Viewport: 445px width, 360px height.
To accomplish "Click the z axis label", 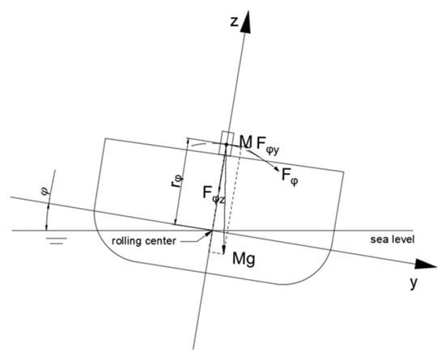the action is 234,22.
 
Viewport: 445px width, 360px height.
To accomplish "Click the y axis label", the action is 414,283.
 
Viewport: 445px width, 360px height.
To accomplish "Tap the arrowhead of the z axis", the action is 247,23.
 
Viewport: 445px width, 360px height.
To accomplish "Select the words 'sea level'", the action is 392,239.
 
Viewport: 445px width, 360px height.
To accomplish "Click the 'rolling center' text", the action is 144,241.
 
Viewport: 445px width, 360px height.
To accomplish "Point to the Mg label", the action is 244,259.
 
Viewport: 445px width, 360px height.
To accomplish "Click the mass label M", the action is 246,142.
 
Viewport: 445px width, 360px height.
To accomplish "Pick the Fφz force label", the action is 214,194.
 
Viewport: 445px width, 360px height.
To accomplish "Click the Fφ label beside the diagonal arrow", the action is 290,176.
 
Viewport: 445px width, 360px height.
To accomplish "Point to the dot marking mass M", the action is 227,145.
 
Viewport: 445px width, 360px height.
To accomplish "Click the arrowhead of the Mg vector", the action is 224,249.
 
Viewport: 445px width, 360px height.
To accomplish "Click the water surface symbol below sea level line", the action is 57,241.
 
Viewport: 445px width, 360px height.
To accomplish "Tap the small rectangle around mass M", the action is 227,143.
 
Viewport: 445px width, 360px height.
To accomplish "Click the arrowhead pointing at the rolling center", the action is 209,233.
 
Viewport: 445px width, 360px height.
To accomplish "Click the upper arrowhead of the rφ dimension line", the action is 187,142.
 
